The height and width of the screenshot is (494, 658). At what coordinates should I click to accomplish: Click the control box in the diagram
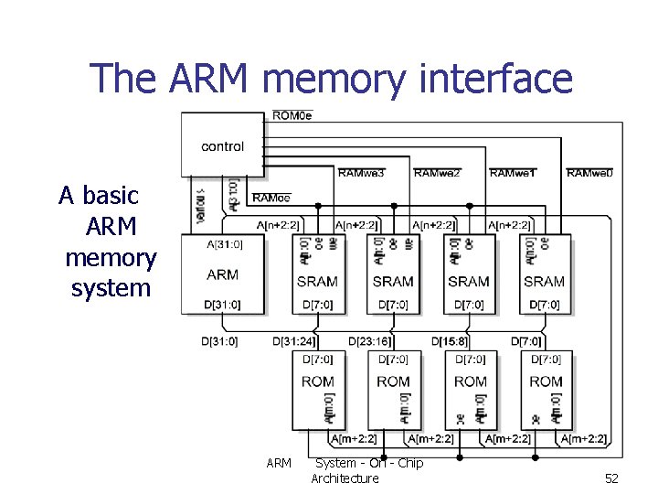click(x=222, y=146)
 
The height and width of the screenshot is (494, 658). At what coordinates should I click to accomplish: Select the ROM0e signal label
click(x=292, y=115)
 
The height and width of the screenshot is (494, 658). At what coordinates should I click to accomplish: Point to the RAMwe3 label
click(x=361, y=173)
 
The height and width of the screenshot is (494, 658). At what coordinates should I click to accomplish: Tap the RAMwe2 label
click(x=437, y=173)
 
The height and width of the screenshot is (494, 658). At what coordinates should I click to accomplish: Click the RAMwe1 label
click(x=513, y=173)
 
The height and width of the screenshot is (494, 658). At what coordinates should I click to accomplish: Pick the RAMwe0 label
click(x=589, y=173)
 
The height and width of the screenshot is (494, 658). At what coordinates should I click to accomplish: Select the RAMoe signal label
click(x=271, y=198)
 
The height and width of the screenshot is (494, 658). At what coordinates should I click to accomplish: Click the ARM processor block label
click(x=222, y=274)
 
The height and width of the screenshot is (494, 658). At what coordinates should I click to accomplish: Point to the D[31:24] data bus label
click(x=294, y=341)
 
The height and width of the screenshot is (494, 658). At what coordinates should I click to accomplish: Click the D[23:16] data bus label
click(x=370, y=341)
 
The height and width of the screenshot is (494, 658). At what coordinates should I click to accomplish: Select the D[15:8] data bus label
click(x=449, y=341)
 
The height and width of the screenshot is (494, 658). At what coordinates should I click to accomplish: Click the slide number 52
click(x=611, y=478)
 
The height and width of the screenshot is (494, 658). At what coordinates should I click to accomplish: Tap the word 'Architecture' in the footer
click(x=345, y=478)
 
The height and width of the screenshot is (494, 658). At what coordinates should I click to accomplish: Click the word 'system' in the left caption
click(x=111, y=288)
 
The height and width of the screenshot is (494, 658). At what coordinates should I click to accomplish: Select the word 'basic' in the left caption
click(x=111, y=195)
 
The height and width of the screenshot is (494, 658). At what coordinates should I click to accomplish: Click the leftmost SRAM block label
click(x=317, y=282)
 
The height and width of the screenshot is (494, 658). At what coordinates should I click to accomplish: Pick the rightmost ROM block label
click(x=546, y=381)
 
